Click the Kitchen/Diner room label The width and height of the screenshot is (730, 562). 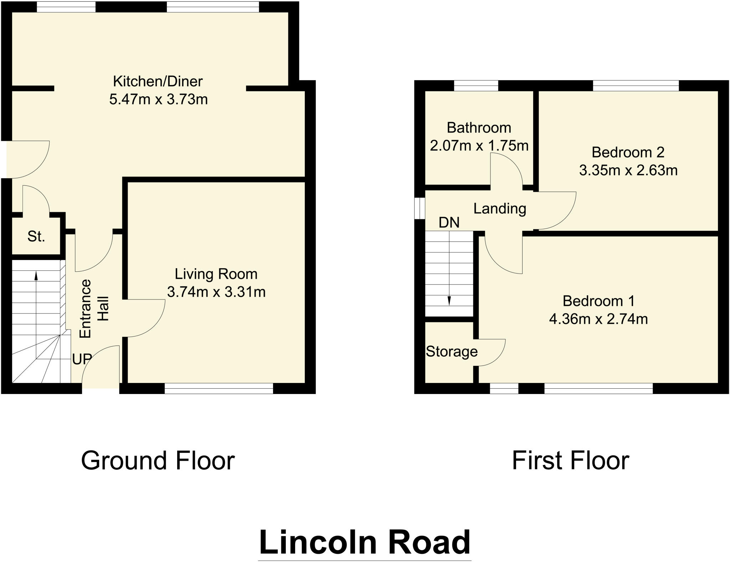158,81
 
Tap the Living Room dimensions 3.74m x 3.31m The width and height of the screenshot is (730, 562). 216,292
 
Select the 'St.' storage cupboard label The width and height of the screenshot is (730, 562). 36,236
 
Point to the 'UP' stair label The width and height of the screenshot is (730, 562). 82,359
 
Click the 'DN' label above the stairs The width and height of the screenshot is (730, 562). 449,223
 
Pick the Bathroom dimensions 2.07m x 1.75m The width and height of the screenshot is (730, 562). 479,146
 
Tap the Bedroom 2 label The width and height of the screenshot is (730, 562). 628,152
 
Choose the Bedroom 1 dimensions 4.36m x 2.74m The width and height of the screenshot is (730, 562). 598,319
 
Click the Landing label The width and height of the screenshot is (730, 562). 500,209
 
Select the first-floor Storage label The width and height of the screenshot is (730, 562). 452,352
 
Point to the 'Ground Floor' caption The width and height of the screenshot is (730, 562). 158,460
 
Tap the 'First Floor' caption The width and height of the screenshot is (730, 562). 570,460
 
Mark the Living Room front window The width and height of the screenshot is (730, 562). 219,388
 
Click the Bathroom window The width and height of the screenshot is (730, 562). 476,86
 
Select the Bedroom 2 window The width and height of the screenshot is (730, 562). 636,86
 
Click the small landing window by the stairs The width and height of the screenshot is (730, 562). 420,208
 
